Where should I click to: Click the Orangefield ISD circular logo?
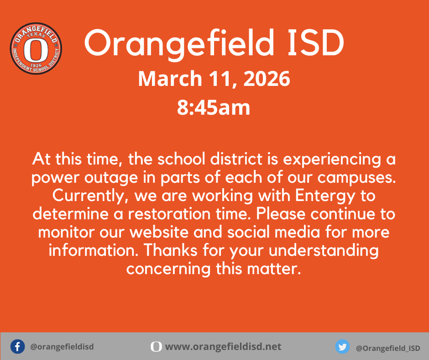pos(36,49)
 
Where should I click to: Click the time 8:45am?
pos(214,108)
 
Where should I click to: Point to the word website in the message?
pos(165,232)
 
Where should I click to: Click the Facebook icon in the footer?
pos(17,347)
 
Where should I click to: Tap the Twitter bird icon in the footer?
pos(342,347)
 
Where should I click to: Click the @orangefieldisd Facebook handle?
pos(62,347)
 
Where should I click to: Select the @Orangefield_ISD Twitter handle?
pos(388,348)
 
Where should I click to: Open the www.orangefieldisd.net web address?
pos(223,347)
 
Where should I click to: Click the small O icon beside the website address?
pos(156,347)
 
